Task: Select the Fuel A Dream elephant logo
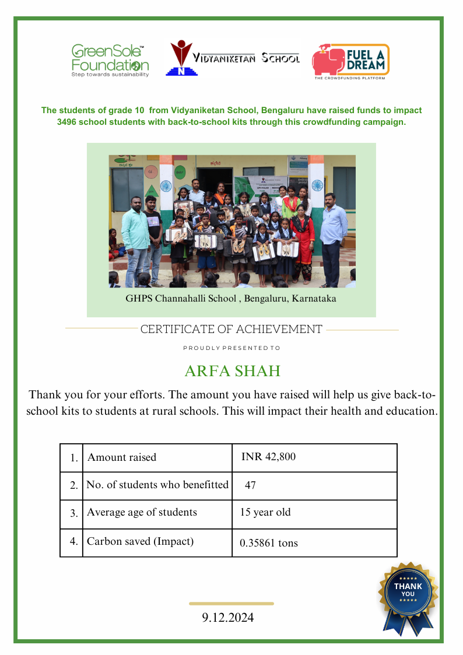(x=329, y=60)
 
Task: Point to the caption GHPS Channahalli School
(x=230, y=299)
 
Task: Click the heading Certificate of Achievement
(x=231, y=330)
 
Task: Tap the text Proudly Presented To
(x=232, y=348)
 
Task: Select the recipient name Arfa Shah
(x=232, y=371)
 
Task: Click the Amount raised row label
(x=122, y=457)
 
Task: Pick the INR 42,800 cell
(x=268, y=457)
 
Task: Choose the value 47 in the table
(x=251, y=485)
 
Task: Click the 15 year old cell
(x=265, y=513)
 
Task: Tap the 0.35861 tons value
(x=269, y=543)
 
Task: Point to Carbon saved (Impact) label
(x=140, y=541)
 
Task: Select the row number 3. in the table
(x=74, y=514)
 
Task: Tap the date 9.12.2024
(x=228, y=618)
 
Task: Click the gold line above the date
(x=232, y=604)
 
